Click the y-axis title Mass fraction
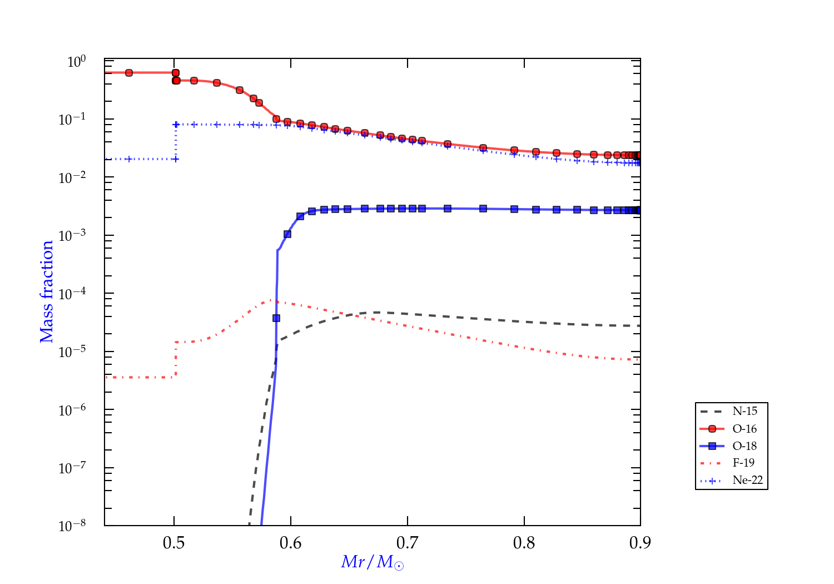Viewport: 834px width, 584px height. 47,292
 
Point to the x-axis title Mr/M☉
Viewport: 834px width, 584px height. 373,562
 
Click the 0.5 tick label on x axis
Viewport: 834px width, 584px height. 174,543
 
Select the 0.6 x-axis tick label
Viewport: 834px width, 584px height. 291,543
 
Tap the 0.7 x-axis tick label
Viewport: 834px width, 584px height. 408,543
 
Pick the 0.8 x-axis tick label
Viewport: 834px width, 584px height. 524,543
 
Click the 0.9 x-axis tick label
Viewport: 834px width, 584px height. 641,543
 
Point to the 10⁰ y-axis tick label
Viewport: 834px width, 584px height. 76,62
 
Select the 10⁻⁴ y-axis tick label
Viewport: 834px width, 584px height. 73,294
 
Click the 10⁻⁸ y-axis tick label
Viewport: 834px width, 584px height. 73,526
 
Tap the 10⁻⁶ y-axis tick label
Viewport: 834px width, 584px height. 73,410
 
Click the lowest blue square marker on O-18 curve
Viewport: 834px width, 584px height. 276,318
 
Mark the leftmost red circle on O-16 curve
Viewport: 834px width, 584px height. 129,73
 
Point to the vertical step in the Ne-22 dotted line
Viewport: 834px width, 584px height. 176,142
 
